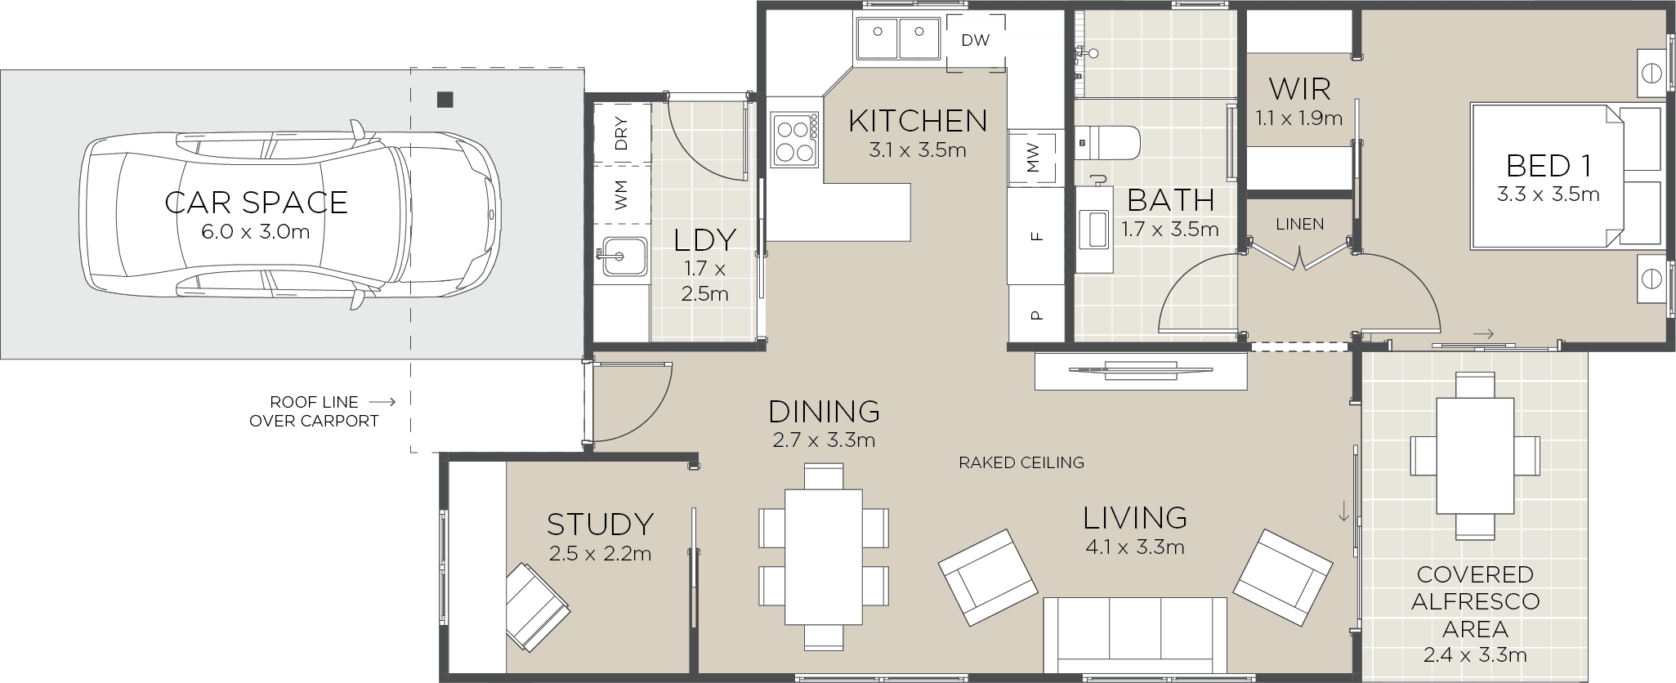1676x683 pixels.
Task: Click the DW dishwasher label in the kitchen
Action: click(975, 40)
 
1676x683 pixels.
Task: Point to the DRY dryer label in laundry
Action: click(621, 133)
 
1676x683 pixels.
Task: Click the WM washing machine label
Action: click(621, 194)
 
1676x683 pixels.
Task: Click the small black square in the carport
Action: click(445, 100)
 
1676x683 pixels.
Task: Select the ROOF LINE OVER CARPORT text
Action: click(314, 412)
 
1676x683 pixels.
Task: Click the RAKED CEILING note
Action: click(1021, 462)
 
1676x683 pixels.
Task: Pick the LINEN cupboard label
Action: click(1299, 224)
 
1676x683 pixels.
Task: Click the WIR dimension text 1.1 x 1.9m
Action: click(1298, 118)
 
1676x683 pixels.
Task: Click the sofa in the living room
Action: click(1135, 633)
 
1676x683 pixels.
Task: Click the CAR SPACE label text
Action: click(256, 202)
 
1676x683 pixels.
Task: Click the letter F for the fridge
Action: click(1036, 237)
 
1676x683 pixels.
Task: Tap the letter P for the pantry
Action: click(1036, 314)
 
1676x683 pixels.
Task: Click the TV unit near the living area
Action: click(1140, 370)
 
